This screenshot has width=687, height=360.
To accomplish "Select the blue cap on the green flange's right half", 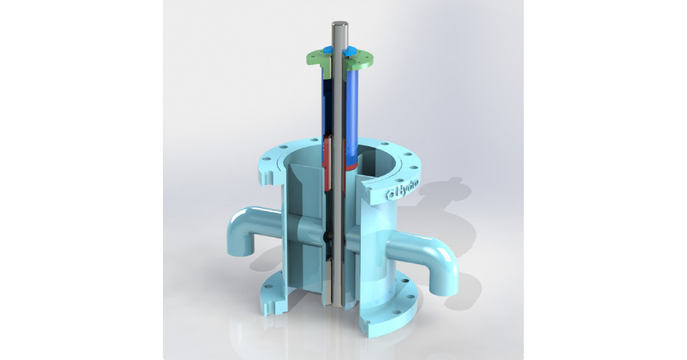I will pyautogui.click(x=351, y=50).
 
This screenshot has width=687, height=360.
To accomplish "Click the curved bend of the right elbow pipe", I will pyautogui.click(x=446, y=249).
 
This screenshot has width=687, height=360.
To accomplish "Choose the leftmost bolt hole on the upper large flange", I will pyautogui.click(x=269, y=157).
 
